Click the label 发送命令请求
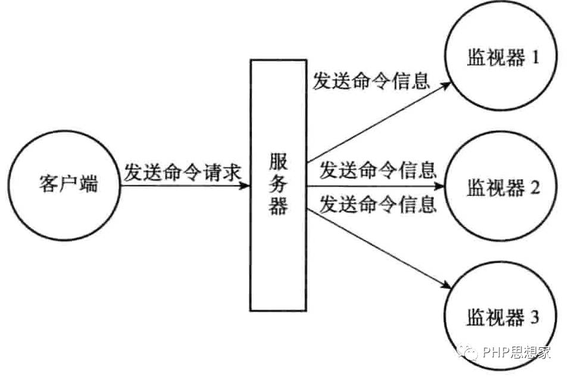[182, 173]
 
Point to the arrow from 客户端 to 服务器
[185, 186]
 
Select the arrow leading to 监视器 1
[378, 122]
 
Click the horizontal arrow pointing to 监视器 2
[375, 186]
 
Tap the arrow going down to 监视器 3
[378, 247]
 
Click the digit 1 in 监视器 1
[534, 58]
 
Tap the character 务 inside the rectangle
[279, 185]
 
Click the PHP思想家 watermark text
[517, 352]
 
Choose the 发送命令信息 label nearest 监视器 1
[371, 82]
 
